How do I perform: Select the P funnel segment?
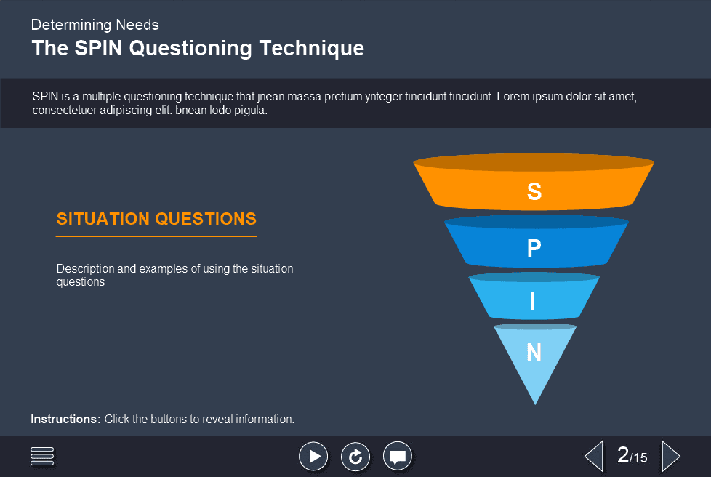tap(536, 242)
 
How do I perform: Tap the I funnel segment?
tap(534, 297)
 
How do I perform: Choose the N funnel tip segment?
tap(535, 358)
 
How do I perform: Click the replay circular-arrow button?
tap(355, 456)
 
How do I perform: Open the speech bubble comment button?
tap(398, 456)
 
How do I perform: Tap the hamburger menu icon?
tap(42, 456)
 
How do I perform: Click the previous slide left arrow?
tap(594, 456)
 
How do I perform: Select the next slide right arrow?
tap(671, 456)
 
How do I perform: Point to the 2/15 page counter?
tap(632, 455)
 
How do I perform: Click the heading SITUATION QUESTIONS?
tap(156, 219)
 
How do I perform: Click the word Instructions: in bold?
tap(65, 419)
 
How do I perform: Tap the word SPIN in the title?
tap(98, 48)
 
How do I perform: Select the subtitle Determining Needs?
tap(95, 25)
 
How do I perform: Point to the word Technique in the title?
tap(311, 49)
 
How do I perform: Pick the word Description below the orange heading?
tap(85, 269)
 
